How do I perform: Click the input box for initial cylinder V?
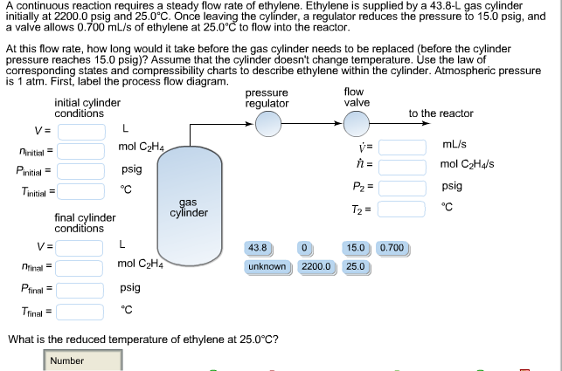[82, 131]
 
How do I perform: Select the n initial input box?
[82, 150]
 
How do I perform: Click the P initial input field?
[82, 170]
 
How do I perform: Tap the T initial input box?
[82, 191]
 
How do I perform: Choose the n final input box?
[82, 264]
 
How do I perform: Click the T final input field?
[82, 310]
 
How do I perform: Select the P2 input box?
[401, 186]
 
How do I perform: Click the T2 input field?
[401, 209]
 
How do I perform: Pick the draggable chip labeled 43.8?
[260, 248]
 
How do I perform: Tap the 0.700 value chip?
[393, 248]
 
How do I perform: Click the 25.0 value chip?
[356, 266]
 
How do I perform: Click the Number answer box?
[84, 361]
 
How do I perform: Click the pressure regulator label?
[267, 98]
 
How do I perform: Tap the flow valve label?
[356, 97]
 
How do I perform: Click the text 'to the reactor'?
[441, 113]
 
